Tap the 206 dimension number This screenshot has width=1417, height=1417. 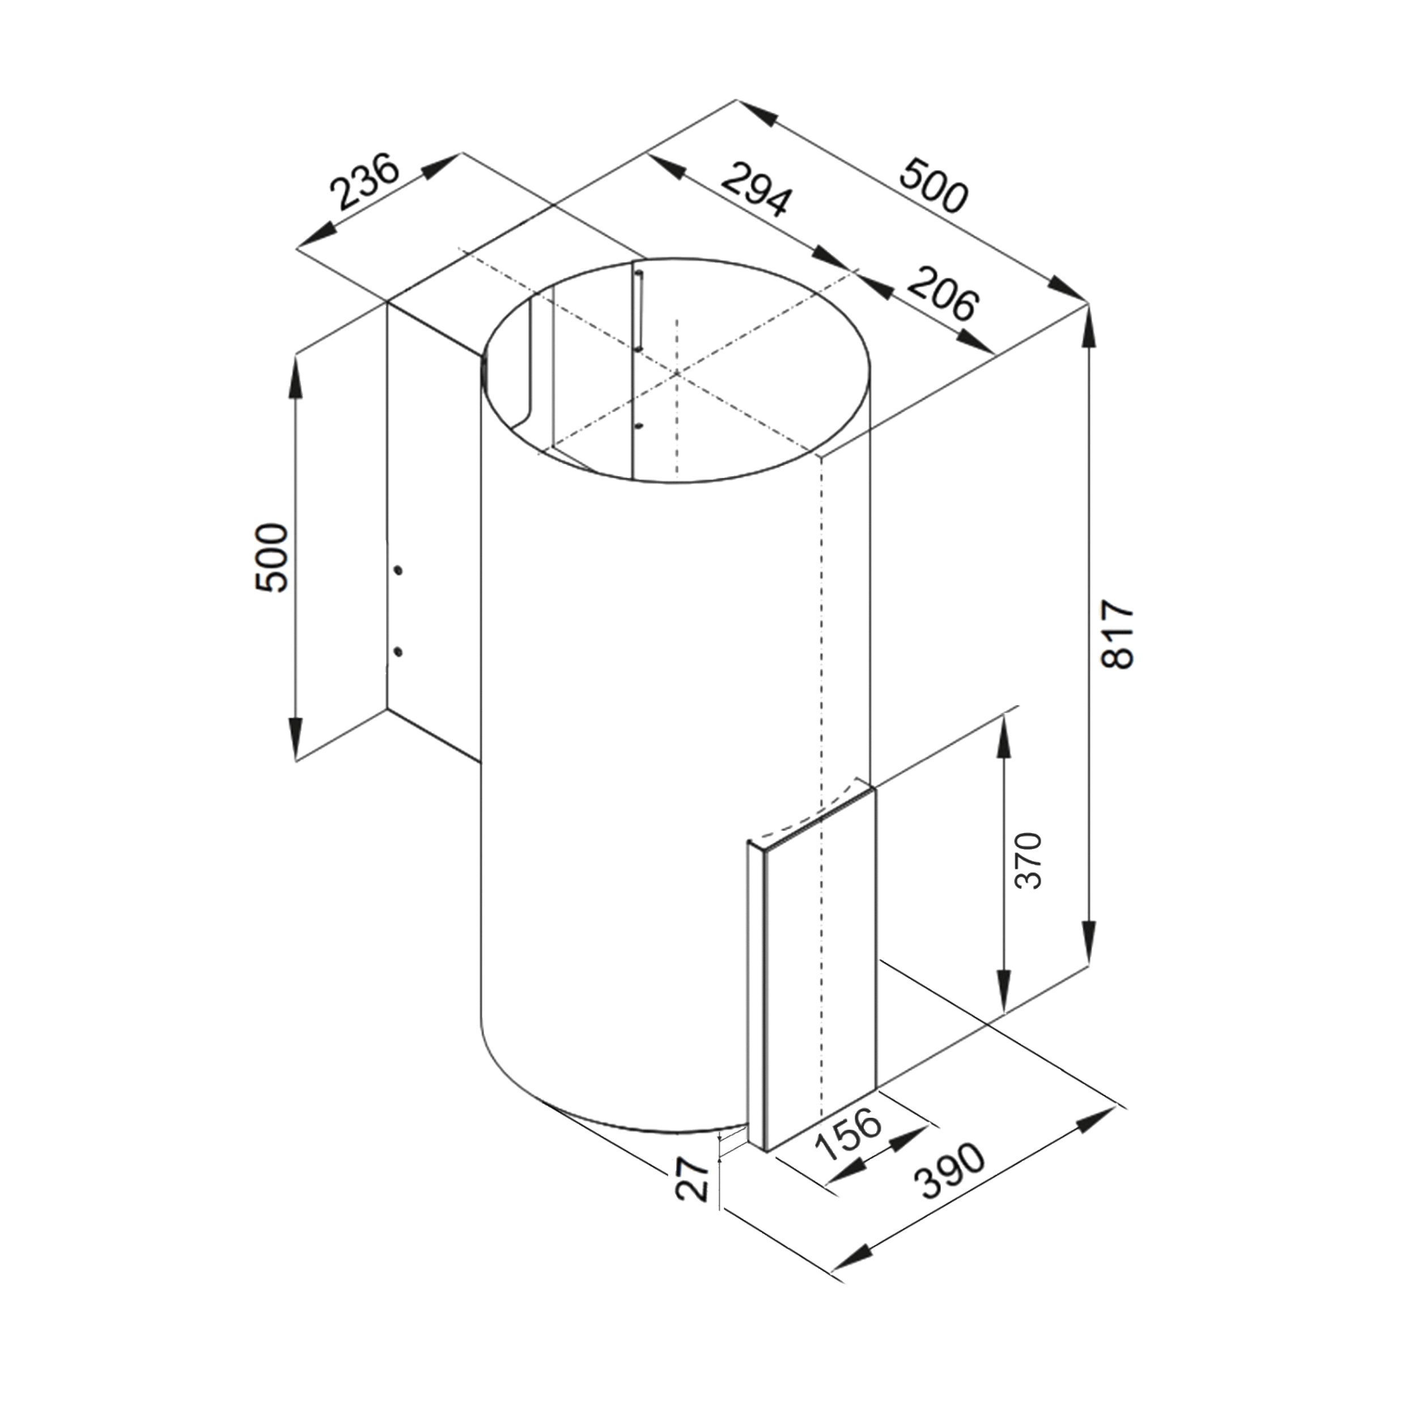click(x=943, y=295)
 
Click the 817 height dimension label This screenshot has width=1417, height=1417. click(x=1118, y=634)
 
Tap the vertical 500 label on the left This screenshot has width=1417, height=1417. click(x=272, y=557)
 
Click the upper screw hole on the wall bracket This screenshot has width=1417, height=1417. click(x=397, y=570)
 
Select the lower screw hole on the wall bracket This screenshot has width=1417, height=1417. click(x=397, y=651)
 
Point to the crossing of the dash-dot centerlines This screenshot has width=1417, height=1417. click(x=676, y=374)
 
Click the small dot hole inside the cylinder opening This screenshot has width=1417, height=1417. click(x=639, y=426)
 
